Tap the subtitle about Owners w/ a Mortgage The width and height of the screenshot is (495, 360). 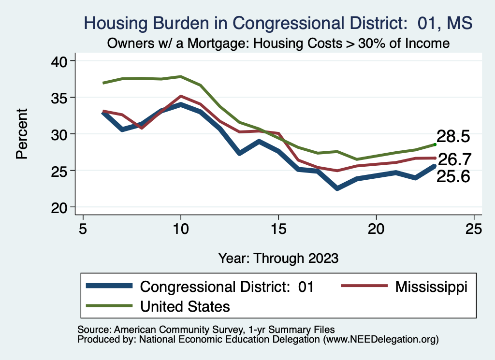(x=278, y=43)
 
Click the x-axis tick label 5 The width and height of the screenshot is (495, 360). (x=83, y=228)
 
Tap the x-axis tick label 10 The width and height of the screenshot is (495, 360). (x=181, y=228)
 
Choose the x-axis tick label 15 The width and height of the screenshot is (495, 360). (x=278, y=228)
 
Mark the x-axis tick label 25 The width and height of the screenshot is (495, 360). (x=474, y=228)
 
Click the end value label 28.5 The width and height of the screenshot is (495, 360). (x=453, y=137)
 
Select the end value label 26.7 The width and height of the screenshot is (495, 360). (x=453, y=159)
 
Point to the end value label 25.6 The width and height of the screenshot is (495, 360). (x=453, y=177)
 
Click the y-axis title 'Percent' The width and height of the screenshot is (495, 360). (x=22, y=134)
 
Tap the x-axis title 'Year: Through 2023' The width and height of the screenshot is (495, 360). (x=278, y=258)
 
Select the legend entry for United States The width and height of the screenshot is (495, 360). (x=185, y=306)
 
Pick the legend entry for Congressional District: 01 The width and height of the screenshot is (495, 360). (x=227, y=287)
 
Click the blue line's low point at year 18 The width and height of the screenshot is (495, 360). (x=337, y=188)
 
